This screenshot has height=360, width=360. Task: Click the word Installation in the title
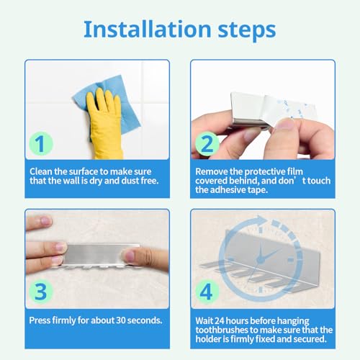(x=148, y=30)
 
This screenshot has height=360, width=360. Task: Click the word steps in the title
(x=247, y=31)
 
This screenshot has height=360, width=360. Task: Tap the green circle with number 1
(x=41, y=143)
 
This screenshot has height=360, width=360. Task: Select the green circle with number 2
(x=207, y=143)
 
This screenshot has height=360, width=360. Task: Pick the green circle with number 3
(x=41, y=292)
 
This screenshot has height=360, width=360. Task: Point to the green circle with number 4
(x=207, y=292)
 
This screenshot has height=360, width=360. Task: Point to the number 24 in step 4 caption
(x=219, y=320)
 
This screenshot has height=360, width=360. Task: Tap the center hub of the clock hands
(x=261, y=259)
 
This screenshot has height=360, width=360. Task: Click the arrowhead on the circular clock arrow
(x=261, y=220)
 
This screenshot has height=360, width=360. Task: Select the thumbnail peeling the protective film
(x=285, y=124)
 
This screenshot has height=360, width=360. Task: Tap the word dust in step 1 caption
(x=130, y=181)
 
